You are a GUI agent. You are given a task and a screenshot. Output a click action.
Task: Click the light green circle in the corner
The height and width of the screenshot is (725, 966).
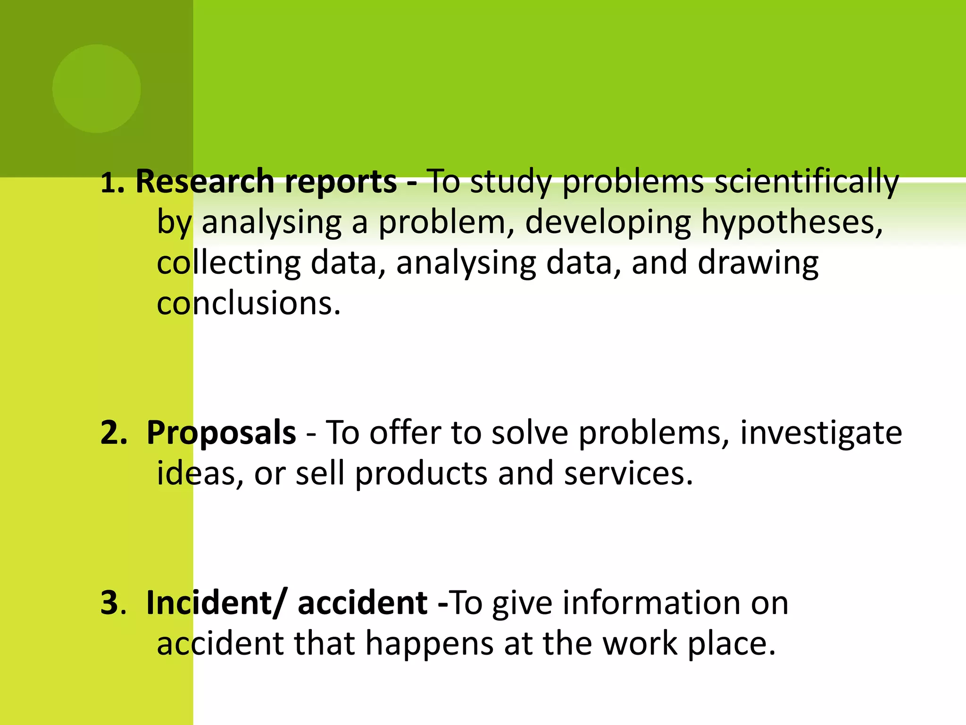coord(96,88)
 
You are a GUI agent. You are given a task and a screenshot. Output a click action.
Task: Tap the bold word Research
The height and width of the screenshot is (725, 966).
coord(204,182)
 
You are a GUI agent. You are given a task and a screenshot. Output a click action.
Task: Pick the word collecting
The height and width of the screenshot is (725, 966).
coord(228,263)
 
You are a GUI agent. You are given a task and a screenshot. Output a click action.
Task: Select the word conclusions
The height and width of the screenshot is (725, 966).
coord(248,303)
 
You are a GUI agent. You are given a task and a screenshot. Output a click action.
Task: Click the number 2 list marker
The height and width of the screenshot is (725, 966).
coord(113,433)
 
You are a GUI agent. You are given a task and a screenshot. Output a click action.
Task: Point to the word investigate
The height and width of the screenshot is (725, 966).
coord(821,433)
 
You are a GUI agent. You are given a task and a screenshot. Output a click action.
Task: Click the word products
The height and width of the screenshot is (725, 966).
coord(421,474)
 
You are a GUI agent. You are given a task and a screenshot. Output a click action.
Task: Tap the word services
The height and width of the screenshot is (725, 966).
coord(628,474)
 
